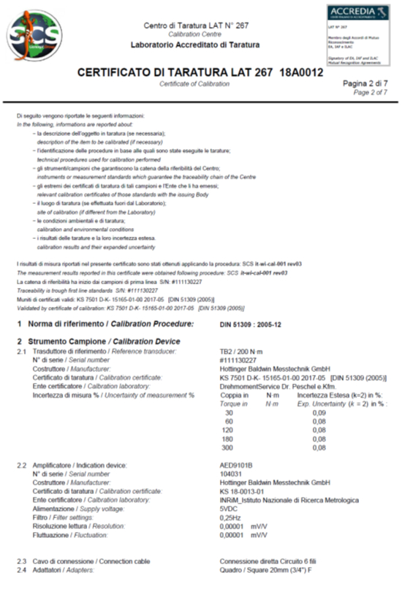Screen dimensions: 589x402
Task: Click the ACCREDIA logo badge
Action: point(352,15)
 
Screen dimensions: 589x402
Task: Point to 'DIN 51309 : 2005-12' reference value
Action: point(254,323)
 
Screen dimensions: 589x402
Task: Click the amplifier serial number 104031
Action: point(232,474)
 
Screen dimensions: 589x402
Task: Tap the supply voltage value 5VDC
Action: point(230,509)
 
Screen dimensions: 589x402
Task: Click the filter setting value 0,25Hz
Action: point(232,517)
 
